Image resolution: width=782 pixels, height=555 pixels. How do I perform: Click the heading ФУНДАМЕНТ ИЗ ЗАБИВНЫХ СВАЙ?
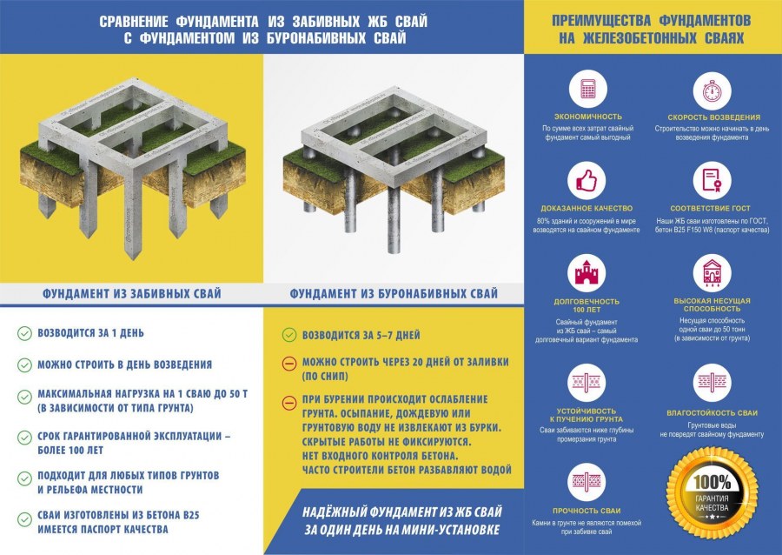click(x=131, y=293)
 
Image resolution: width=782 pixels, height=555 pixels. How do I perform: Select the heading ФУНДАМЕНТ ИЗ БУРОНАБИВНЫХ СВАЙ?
click(x=394, y=293)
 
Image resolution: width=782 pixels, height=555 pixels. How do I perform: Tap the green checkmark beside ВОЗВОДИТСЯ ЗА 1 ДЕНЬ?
click(x=23, y=333)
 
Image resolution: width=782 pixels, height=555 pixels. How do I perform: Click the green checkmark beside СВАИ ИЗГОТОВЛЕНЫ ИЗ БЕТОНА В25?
click(x=23, y=520)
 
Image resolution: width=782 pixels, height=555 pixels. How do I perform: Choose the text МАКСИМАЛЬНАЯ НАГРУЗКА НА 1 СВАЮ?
click(x=142, y=394)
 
